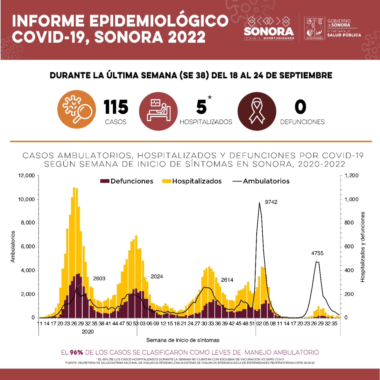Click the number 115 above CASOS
[116, 107]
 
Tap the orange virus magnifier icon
[77, 109]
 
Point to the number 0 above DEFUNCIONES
[300, 107]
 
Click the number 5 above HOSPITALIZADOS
[201, 107]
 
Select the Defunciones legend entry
[127, 181]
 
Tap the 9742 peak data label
[271, 202]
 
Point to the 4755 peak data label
[317, 253]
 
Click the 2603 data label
[99, 278]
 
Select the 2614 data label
[227, 280]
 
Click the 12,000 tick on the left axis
[26, 175]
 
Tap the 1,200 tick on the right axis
[351, 175]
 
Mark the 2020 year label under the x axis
[88, 332]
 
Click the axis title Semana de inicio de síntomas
[183, 340]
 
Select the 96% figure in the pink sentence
[76, 352]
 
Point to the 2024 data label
[157, 276]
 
